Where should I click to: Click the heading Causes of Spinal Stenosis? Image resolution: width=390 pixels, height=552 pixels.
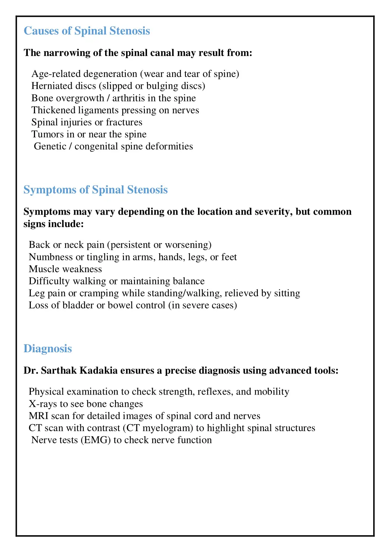87,31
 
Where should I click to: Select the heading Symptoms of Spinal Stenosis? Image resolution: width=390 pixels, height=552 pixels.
96,190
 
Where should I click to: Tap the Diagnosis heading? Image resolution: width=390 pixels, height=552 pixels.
48,349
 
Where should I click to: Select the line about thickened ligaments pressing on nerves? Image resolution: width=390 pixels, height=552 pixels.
115,111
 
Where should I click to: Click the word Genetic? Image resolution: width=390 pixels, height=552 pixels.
50,147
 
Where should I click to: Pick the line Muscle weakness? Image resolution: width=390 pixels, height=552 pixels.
66,270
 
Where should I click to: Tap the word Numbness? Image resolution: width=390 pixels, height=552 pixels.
51,257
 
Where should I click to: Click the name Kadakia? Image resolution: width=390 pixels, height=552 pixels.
99,371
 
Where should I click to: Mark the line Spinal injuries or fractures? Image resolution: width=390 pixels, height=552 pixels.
87,123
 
